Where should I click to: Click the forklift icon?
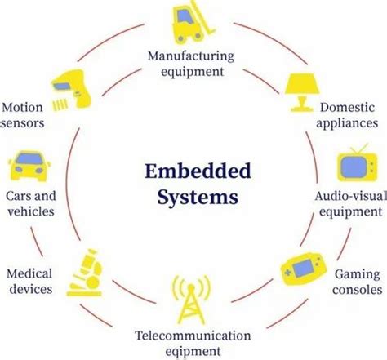point(190,26)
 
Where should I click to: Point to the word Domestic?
point(344,107)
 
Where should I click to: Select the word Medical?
point(29,273)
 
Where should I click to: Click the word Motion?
point(23,108)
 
